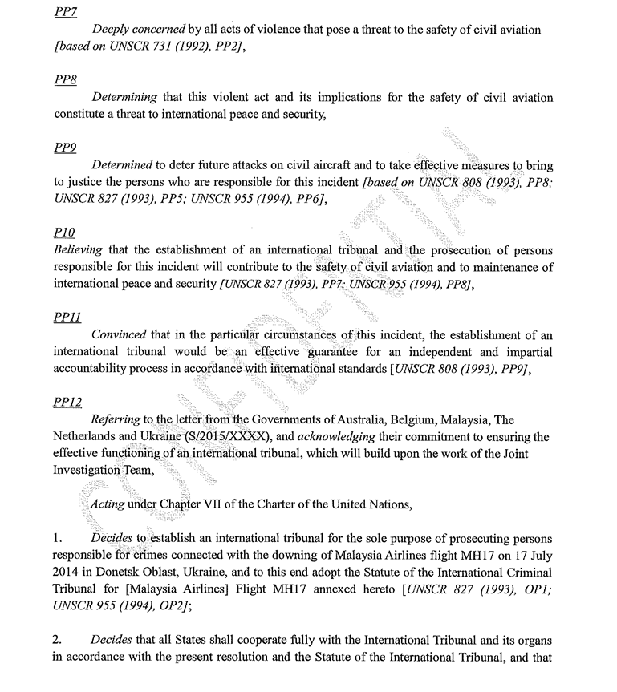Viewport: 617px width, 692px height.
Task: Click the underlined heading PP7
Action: (x=66, y=12)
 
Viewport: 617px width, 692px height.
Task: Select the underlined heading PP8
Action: (x=66, y=79)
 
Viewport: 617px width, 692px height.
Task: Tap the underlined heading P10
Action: (x=64, y=232)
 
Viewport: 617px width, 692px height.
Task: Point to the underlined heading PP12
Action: (x=68, y=400)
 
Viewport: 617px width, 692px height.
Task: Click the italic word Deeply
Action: (x=112, y=30)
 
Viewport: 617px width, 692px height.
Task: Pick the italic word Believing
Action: (x=79, y=249)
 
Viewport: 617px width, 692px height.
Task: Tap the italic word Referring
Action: (x=116, y=419)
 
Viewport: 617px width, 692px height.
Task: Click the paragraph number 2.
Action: (x=58, y=641)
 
